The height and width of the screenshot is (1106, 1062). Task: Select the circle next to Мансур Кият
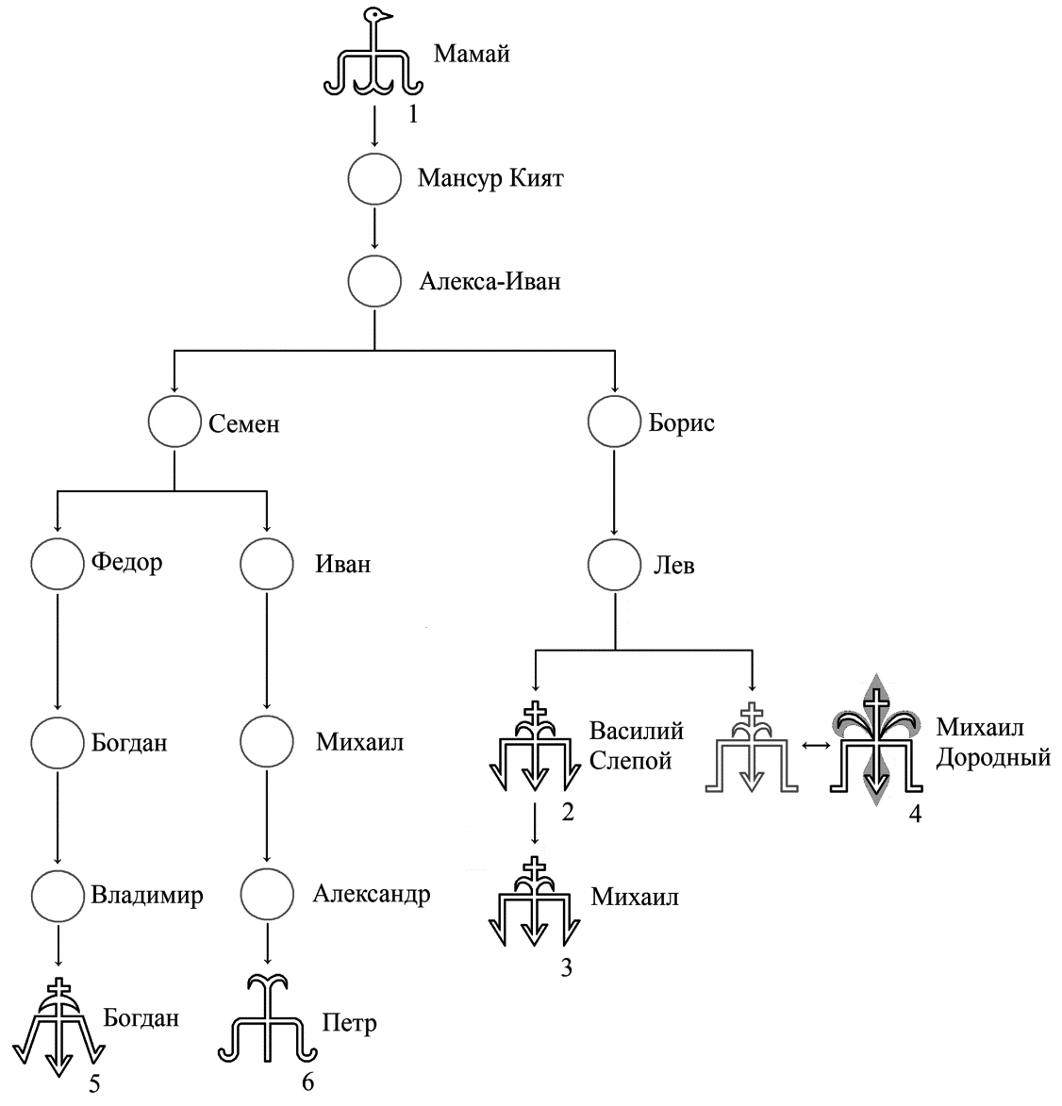pyautogui.click(x=375, y=178)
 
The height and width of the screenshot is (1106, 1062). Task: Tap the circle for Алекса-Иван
pyautogui.click(x=375, y=281)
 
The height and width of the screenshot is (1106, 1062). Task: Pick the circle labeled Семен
pyautogui.click(x=174, y=422)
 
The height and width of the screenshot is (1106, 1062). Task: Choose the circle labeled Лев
pyautogui.click(x=615, y=566)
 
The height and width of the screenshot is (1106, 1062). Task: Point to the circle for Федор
pyautogui.click(x=58, y=564)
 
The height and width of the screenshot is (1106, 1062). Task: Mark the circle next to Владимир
pyautogui.click(x=58, y=895)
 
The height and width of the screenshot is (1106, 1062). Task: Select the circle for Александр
pyautogui.click(x=267, y=895)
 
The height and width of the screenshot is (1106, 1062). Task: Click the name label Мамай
pyautogui.click(x=472, y=54)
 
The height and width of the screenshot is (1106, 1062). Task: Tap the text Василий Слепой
pyautogui.click(x=636, y=745)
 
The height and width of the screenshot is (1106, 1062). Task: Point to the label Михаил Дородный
pyautogui.click(x=992, y=742)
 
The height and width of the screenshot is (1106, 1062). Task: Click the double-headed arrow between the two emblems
pyautogui.click(x=814, y=745)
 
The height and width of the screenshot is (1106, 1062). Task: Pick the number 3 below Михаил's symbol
pyautogui.click(x=566, y=968)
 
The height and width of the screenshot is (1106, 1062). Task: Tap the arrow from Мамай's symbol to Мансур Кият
pyautogui.click(x=375, y=125)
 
